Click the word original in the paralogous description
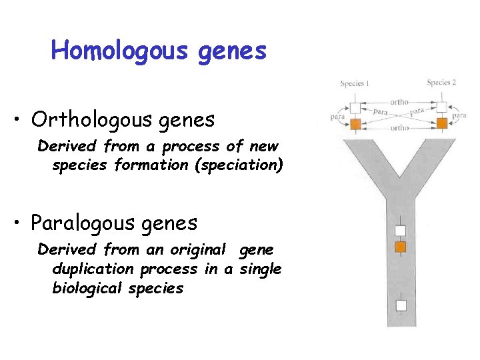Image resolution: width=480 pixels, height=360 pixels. [x=197, y=249]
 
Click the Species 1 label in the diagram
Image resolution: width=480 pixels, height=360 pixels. [x=354, y=83]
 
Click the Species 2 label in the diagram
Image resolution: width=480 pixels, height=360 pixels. [x=441, y=83]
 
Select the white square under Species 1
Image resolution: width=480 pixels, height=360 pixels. [x=355, y=107]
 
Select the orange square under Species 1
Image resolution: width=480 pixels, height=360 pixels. [x=355, y=125]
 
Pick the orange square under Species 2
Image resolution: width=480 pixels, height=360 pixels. [x=441, y=125]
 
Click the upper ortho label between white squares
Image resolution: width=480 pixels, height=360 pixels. [x=399, y=102]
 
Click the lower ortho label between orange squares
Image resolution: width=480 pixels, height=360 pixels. [x=400, y=127]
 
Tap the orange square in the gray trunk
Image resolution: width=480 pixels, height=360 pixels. [x=400, y=247]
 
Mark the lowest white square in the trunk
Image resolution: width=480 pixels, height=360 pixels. [x=400, y=305]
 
